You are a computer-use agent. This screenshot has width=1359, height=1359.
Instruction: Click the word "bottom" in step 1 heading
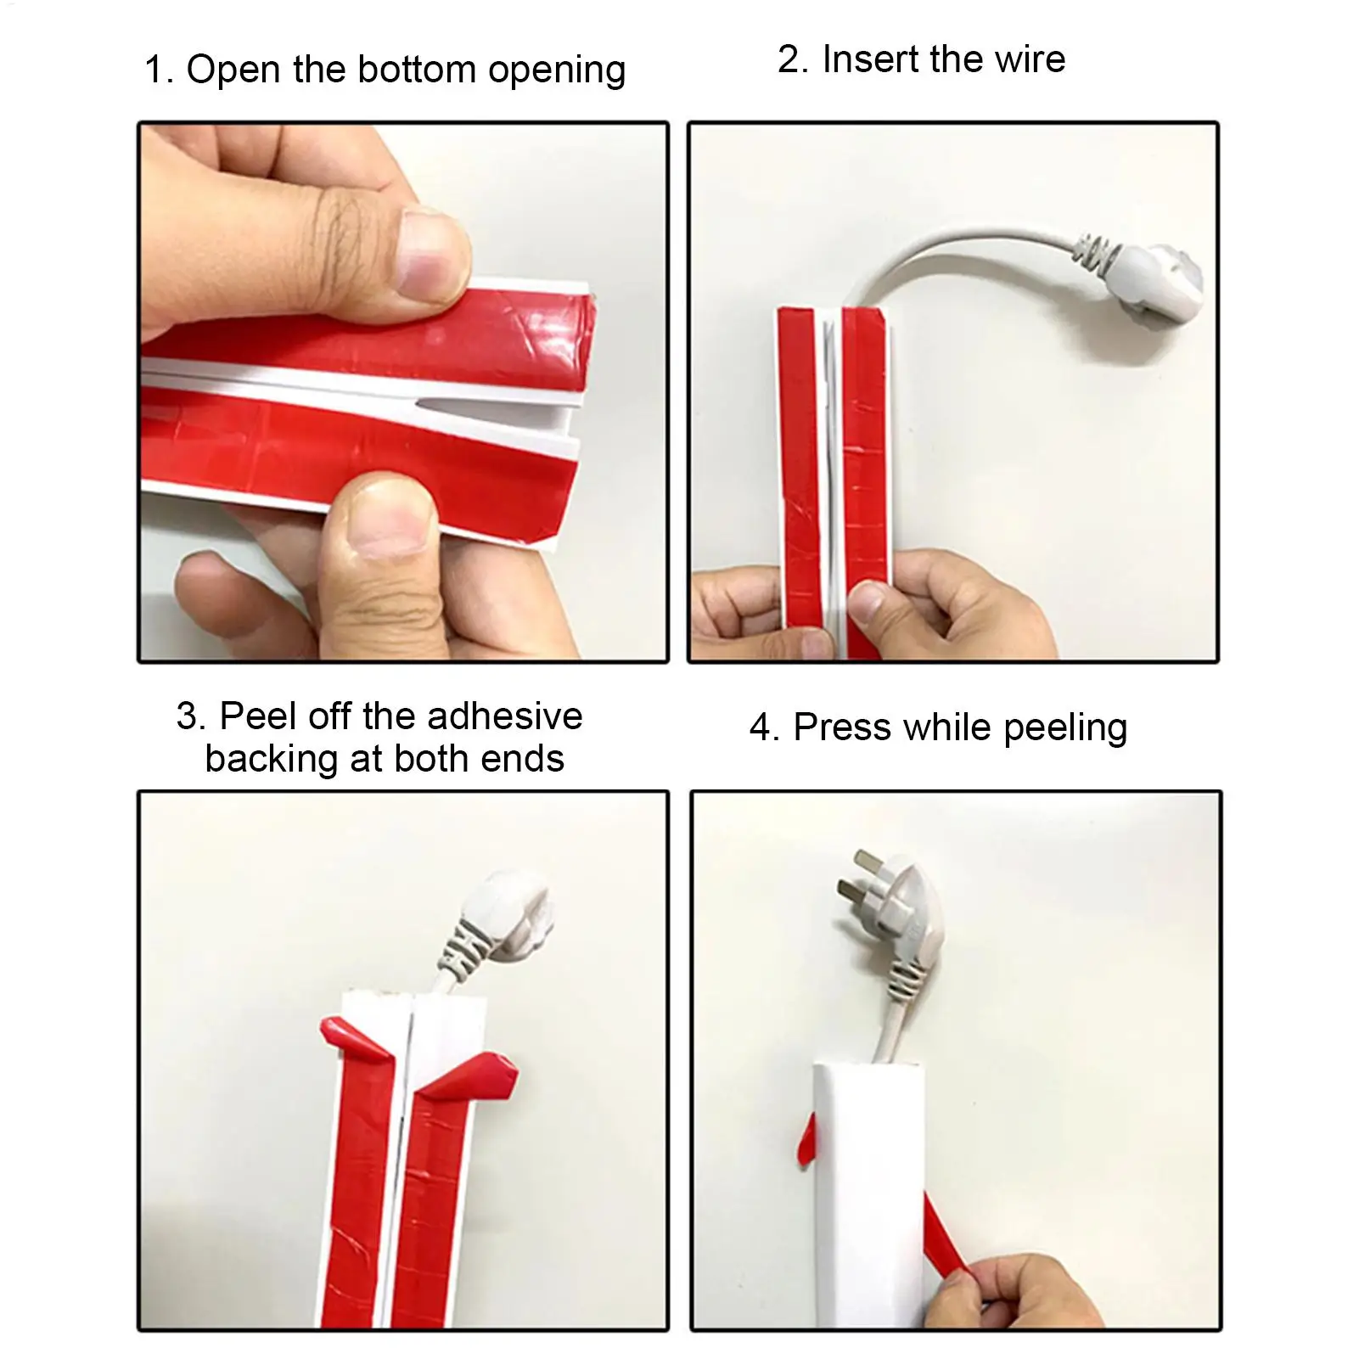tap(418, 70)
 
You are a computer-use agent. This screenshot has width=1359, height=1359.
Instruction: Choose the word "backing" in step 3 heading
tap(272, 760)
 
